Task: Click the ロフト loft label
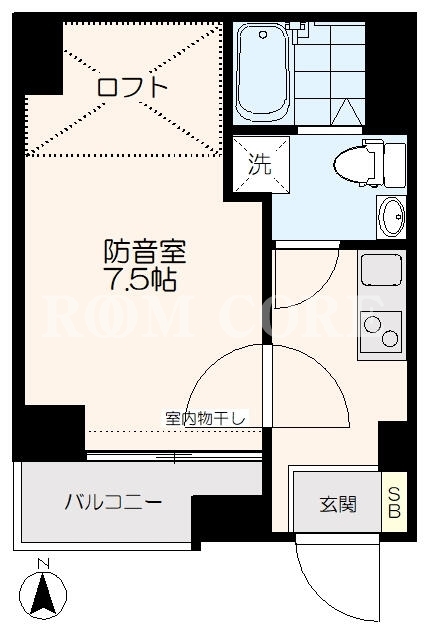(132, 86)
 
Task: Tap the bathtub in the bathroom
(263, 73)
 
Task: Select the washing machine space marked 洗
(261, 164)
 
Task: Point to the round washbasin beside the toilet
(392, 217)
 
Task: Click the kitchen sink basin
(381, 270)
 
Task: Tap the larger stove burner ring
(372, 324)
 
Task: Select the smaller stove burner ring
(390, 338)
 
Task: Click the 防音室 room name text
(145, 251)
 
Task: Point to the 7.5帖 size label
(140, 279)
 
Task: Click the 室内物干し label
(205, 418)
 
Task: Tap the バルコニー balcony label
(113, 502)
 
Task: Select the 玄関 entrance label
(338, 505)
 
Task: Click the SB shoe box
(394, 502)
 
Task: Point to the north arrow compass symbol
(43, 594)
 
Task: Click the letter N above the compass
(43, 563)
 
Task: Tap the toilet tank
(394, 165)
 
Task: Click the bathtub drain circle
(264, 35)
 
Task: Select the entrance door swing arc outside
(323, 598)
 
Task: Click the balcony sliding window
(174, 457)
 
